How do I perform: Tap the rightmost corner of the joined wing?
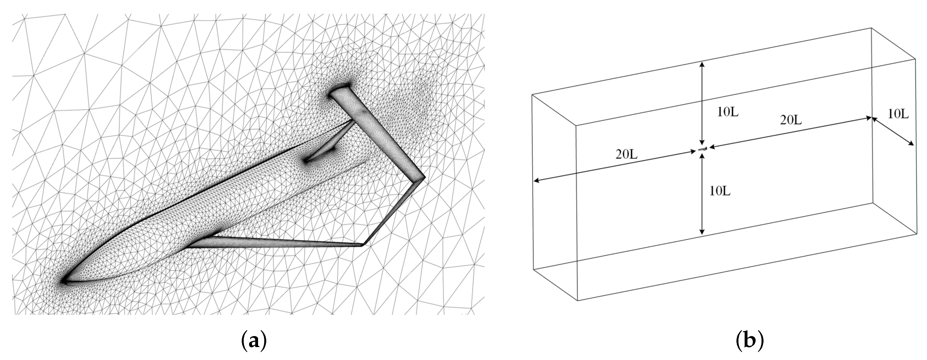tap(425, 177)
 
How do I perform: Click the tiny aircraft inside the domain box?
tap(702, 149)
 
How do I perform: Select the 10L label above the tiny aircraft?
tap(728, 112)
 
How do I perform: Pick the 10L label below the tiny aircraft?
tap(720, 191)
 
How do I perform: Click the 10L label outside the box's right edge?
tap(898, 114)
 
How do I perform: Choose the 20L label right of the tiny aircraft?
tap(791, 120)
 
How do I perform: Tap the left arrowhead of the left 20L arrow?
tap(536, 181)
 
